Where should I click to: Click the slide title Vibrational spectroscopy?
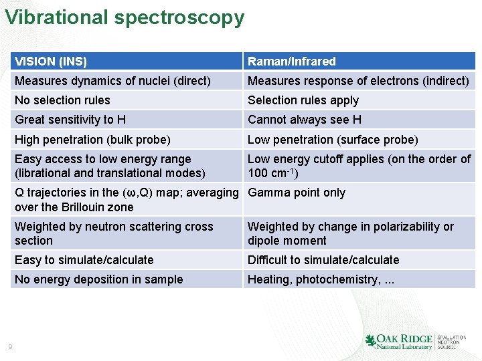(x=125, y=17)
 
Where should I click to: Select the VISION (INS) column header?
(x=51, y=62)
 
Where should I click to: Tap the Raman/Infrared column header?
(x=292, y=62)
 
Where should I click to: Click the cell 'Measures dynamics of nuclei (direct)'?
(x=112, y=81)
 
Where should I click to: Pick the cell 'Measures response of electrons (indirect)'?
(x=358, y=81)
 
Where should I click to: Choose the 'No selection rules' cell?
(x=62, y=100)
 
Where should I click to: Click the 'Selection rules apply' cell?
(x=303, y=100)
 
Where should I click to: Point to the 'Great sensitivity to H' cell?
(x=70, y=120)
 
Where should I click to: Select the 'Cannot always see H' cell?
(x=305, y=120)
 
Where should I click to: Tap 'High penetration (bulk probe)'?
(x=92, y=140)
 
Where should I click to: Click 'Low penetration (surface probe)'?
(x=333, y=140)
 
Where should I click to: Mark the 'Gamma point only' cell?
(x=297, y=193)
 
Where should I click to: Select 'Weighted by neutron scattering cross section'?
(x=114, y=233)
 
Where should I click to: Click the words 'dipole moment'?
(x=287, y=241)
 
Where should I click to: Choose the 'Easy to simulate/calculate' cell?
(x=84, y=260)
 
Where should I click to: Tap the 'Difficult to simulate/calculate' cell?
(x=323, y=260)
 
